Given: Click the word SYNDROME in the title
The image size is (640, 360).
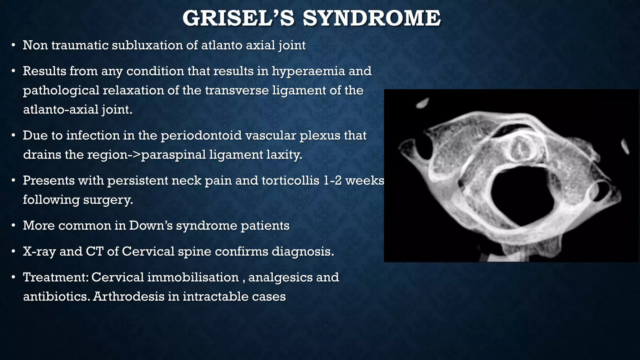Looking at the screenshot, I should [372, 18].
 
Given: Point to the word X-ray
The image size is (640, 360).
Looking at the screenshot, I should [39, 251].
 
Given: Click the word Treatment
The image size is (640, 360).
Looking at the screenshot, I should [55, 277].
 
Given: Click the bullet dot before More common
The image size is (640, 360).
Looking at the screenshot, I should [13, 226].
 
